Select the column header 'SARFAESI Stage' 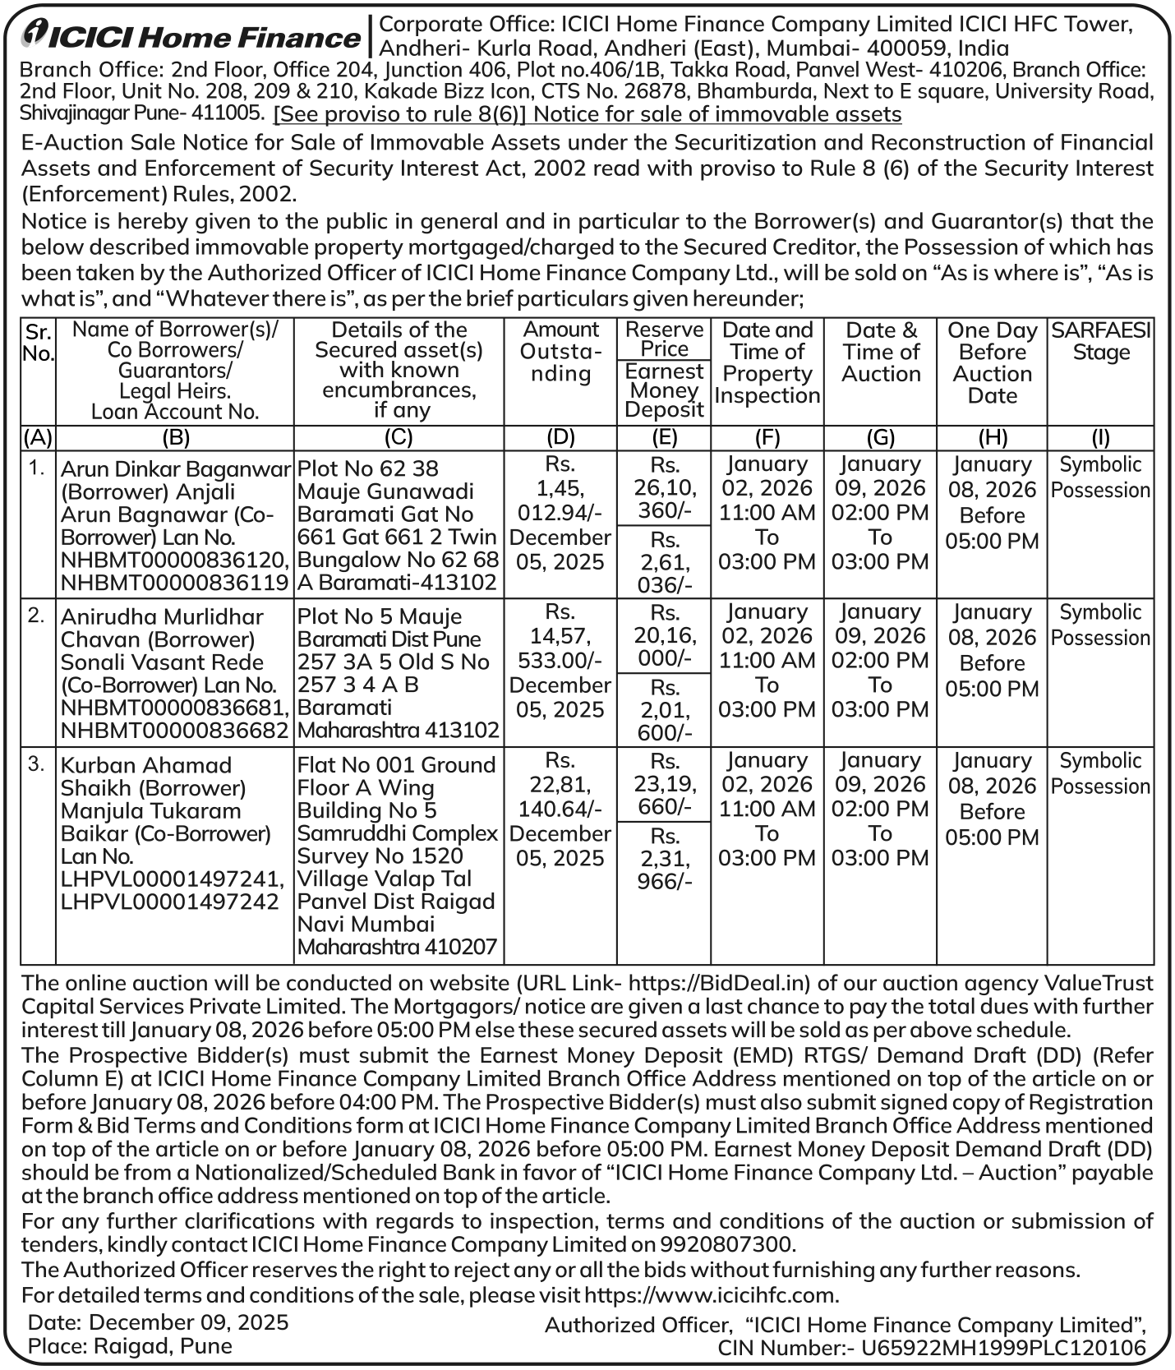click(x=1101, y=342)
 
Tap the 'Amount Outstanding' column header click(x=560, y=352)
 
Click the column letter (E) click(x=664, y=438)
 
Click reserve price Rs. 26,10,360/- click(x=664, y=488)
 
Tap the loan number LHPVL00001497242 click(x=170, y=902)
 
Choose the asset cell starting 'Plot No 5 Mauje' click(x=399, y=673)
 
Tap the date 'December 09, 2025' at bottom click(x=189, y=1322)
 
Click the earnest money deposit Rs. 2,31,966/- click(x=664, y=858)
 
